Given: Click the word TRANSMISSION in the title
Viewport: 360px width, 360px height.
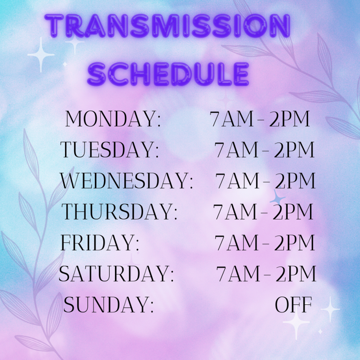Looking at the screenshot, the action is pyautogui.click(x=167, y=26).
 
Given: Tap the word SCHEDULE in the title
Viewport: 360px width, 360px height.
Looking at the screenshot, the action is pyautogui.click(x=168, y=74).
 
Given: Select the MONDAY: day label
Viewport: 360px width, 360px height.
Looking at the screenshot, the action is pyautogui.click(x=113, y=119).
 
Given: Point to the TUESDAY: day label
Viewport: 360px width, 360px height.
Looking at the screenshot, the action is pyautogui.click(x=110, y=150).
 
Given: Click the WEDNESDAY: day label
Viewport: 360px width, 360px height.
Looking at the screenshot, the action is pyautogui.click(x=126, y=180).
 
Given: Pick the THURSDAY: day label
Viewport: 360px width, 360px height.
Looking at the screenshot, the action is pyautogui.click(x=119, y=211).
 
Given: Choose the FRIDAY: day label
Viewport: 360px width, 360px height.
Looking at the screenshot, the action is pyautogui.click(x=100, y=243).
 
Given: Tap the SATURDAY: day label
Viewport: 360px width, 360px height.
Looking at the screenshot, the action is pyautogui.click(x=116, y=273).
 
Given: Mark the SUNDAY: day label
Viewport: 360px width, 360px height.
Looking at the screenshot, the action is pyautogui.click(x=108, y=304).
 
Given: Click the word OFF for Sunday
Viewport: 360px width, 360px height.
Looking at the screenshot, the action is pyautogui.click(x=293, y=304).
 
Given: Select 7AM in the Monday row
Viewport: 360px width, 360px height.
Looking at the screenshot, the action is pyautogui.click(x=232, y=119).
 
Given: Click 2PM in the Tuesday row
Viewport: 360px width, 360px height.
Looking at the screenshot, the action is pyautogui.click(x=294, y=150).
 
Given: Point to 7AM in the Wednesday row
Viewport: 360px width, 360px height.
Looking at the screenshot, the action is pyautogui.click(x=238, y=180).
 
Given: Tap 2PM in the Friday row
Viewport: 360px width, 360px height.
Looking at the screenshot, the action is pyautogui.click(x=294, y=243).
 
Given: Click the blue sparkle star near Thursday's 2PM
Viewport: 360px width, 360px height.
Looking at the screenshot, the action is pyautogui.click(x=278, y=198).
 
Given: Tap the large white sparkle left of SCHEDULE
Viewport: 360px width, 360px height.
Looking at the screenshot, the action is pyautogui.click(x=41, y=54).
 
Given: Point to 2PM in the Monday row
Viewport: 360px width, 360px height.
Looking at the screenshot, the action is pyautogui.click(x=290, y=119).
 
